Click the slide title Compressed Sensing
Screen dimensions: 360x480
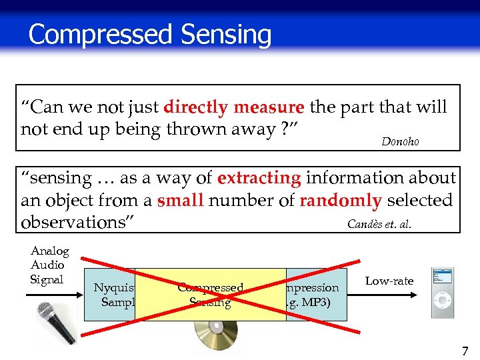click(x=150, y=34)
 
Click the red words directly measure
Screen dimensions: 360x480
click(x=234, y=107)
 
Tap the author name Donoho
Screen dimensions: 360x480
click(x=400, y=142)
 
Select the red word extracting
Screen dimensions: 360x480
click(x=259, y=178)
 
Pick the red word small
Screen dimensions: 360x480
click(x=180, y=200)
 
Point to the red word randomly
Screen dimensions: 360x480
click(x=340, y=200)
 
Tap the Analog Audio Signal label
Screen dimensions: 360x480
click(x=49, y=265)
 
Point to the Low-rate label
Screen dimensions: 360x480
click(x=389, y=281)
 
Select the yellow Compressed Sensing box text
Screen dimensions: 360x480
click(x=210, y=295)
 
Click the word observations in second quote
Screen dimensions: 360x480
click(x=73, y=222)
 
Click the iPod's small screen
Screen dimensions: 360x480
click(x=442, y=277)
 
